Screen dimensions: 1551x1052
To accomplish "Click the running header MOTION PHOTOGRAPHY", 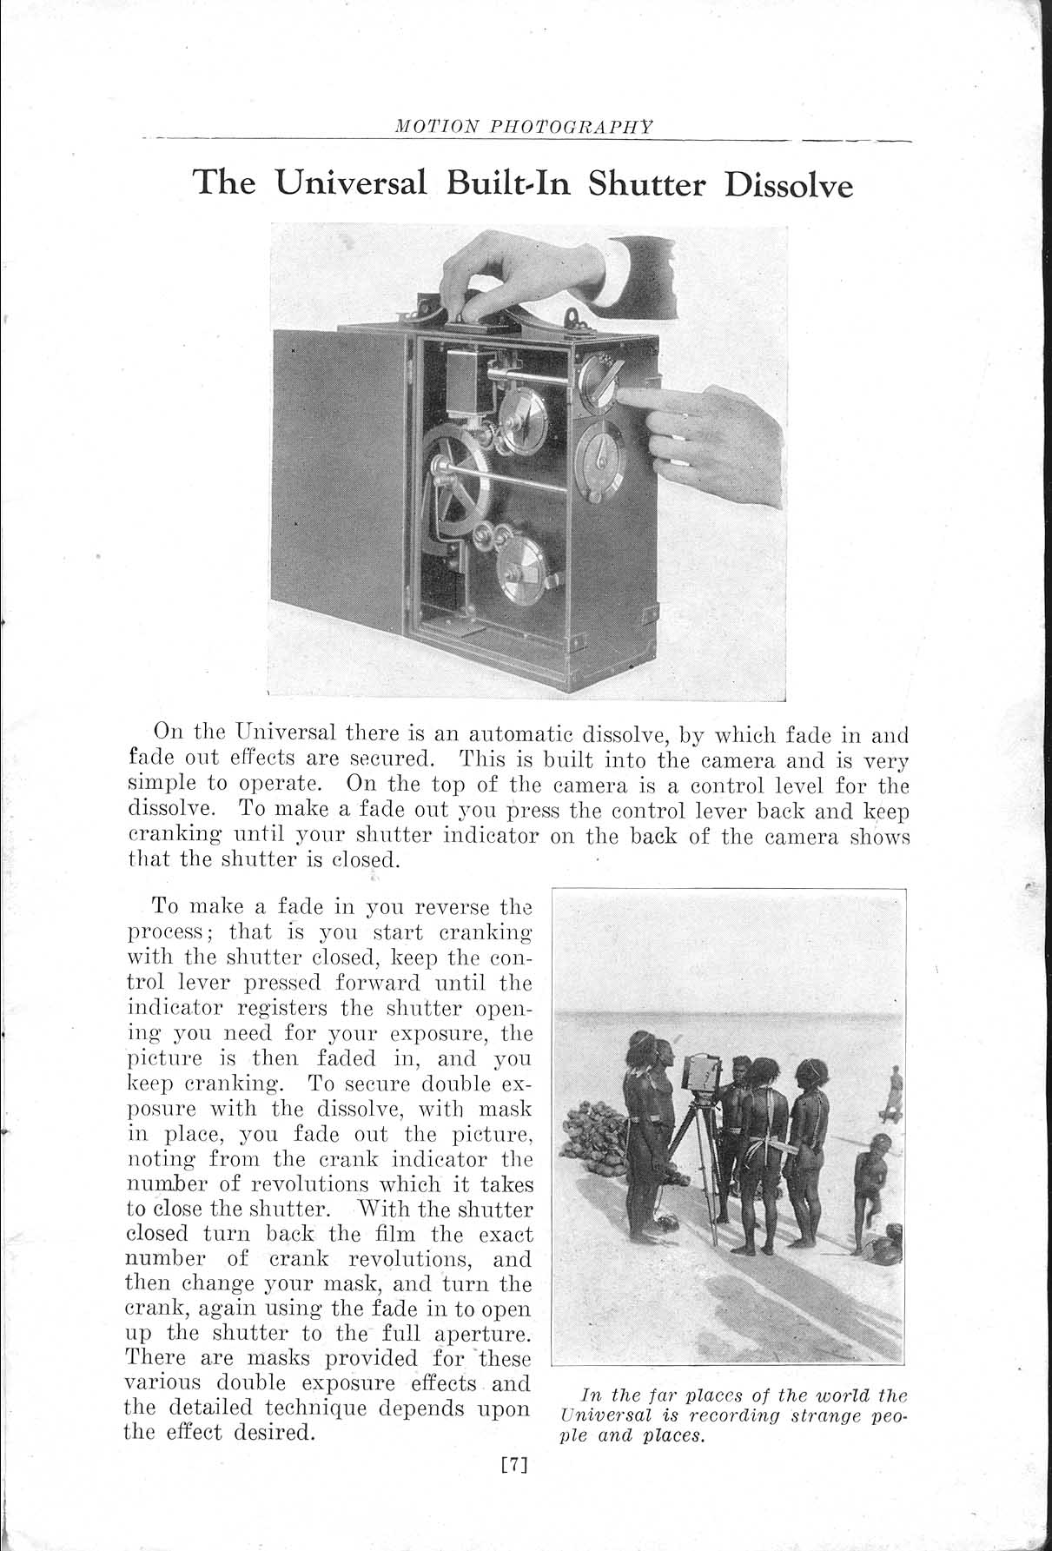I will coord(524,127).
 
